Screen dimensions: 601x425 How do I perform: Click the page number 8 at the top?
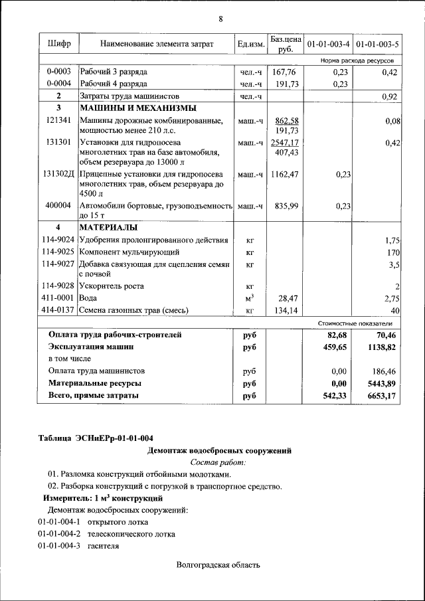(220, 19)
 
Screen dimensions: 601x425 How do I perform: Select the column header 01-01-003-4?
(327, 44)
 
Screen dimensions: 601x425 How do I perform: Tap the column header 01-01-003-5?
(377, 44)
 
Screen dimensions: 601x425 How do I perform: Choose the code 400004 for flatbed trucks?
(59, 207)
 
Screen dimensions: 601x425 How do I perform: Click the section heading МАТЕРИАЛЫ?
(109, 228)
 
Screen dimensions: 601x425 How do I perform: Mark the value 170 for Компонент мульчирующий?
(392, 253)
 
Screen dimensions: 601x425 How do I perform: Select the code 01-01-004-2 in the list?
(59, 534)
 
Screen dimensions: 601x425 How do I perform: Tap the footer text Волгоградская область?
(218, 566)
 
